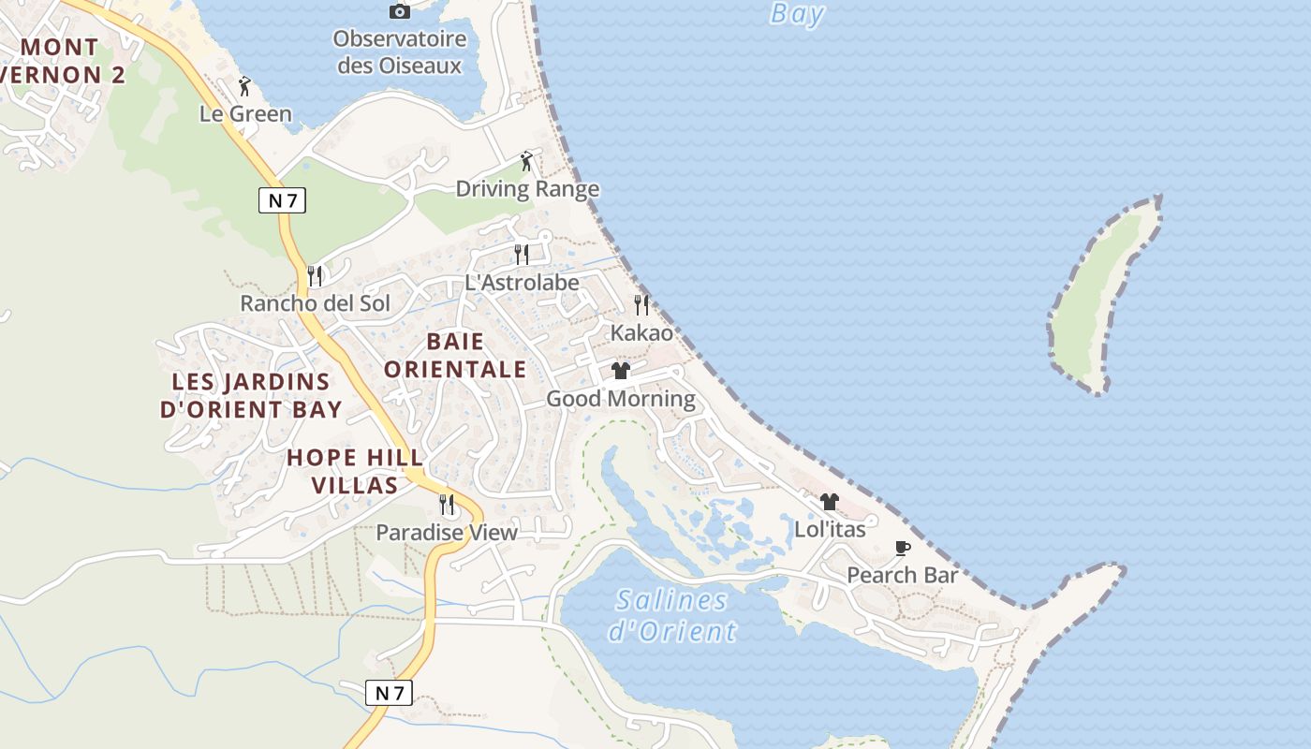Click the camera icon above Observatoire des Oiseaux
tap(400, 11)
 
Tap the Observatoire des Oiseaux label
tap(400, 52)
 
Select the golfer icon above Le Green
tap(245, 86)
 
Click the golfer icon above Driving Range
tap(526, 161)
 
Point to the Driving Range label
tap(527, 189)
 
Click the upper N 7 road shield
tap(282, 200)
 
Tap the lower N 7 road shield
tap(389, 693)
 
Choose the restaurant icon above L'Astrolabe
tap(522, 254)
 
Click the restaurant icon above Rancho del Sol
tap(315, 275)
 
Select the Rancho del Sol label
tap(315, 303)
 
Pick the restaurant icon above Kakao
tap(641, 304)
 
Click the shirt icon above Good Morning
tap(620, 371)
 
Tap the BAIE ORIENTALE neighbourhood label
tap(455, 355)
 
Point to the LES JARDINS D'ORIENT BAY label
tap(251, 395)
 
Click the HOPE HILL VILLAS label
tap(355, 471)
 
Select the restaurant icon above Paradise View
tap(447, 505)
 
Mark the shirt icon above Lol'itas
tap(829, 502)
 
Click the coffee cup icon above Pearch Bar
tap(902, 548)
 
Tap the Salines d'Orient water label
tap(672, 615)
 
